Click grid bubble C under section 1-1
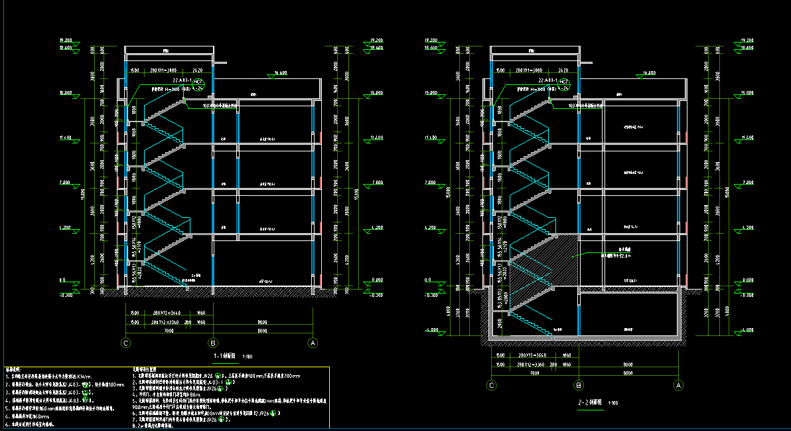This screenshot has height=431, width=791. click(x=125, y=343)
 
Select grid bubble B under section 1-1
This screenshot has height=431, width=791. click(x=213, y=343)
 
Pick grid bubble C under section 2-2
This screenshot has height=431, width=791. click(x=492, y=385)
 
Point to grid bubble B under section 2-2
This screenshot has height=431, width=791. click(x=579, y=385)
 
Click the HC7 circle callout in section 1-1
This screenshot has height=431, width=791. click(x=197, y=82)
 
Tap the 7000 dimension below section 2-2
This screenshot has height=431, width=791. click(x=535, y=373)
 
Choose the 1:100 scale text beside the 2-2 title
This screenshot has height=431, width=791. click(x=613, y=402)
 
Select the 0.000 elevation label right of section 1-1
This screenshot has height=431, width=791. click(x=377, y=280)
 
